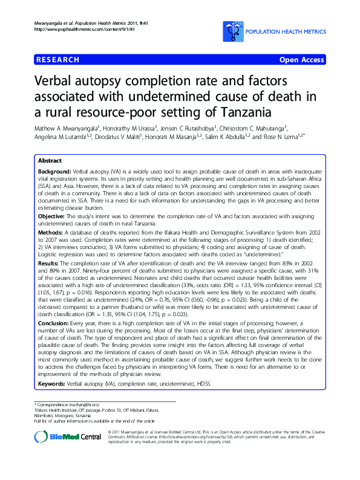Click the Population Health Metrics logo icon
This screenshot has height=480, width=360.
231,28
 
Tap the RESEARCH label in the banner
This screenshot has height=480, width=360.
57,60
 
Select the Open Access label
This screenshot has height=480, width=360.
301,60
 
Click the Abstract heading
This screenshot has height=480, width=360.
50,161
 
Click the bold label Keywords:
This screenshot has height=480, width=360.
52,383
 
